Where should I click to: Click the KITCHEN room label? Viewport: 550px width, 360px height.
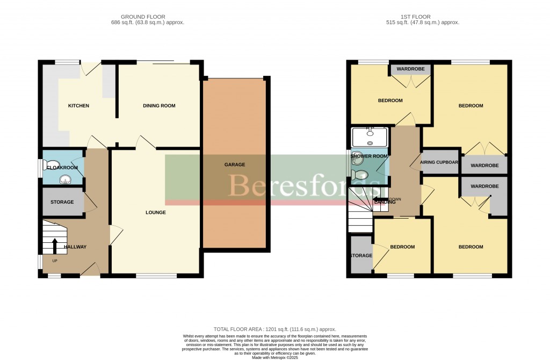(78, 106)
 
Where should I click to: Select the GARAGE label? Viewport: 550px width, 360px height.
(234, 164)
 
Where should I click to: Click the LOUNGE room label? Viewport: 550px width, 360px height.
(155, 213)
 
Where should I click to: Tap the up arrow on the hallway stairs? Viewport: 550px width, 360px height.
(55, 247)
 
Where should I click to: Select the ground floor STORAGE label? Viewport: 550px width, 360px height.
(62, 203)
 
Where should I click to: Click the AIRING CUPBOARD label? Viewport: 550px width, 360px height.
(439, 162)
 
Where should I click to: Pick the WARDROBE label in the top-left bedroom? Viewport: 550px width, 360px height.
(411, 69)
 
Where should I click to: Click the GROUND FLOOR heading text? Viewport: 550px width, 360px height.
(143, 17)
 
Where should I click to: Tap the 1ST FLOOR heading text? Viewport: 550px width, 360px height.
(423, 17)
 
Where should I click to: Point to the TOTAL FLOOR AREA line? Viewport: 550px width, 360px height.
(274, 329)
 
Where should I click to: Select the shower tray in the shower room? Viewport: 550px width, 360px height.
(370, 138)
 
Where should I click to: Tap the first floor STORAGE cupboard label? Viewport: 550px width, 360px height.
(360, 256)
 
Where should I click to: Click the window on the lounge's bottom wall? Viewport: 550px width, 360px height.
(156, 276)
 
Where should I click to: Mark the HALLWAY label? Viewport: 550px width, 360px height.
(75, 247)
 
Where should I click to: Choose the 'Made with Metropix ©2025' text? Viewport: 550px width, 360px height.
(274, 357)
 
